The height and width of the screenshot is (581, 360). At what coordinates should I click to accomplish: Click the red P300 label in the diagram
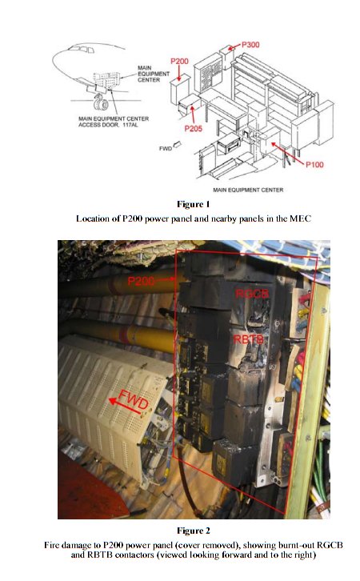[250, 45]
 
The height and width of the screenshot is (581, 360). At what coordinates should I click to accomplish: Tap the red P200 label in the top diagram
[179, 62]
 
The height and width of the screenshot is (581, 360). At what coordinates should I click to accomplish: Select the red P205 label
[194, 129]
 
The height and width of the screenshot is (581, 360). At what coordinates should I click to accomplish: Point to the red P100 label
[314, 165]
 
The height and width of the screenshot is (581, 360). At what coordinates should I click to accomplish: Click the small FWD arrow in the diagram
[177, 145]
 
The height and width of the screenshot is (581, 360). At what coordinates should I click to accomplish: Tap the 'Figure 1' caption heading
[194, 204]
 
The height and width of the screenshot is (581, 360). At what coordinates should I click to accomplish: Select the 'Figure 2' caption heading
[194, 531]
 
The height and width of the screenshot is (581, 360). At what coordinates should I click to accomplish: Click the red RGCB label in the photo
[252, 294]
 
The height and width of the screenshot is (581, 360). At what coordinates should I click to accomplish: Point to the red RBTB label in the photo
[248, 339]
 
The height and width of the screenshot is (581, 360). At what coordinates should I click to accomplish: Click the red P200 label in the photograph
[141, 281]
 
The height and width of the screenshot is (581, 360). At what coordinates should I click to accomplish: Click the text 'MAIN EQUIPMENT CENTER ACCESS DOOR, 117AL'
[114, 122]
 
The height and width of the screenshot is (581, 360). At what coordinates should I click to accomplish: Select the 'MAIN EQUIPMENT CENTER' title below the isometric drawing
[248, 190]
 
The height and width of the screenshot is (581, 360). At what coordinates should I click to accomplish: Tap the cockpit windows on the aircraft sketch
[82, 50]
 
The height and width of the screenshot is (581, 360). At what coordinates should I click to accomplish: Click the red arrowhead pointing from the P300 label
[230, 48]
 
